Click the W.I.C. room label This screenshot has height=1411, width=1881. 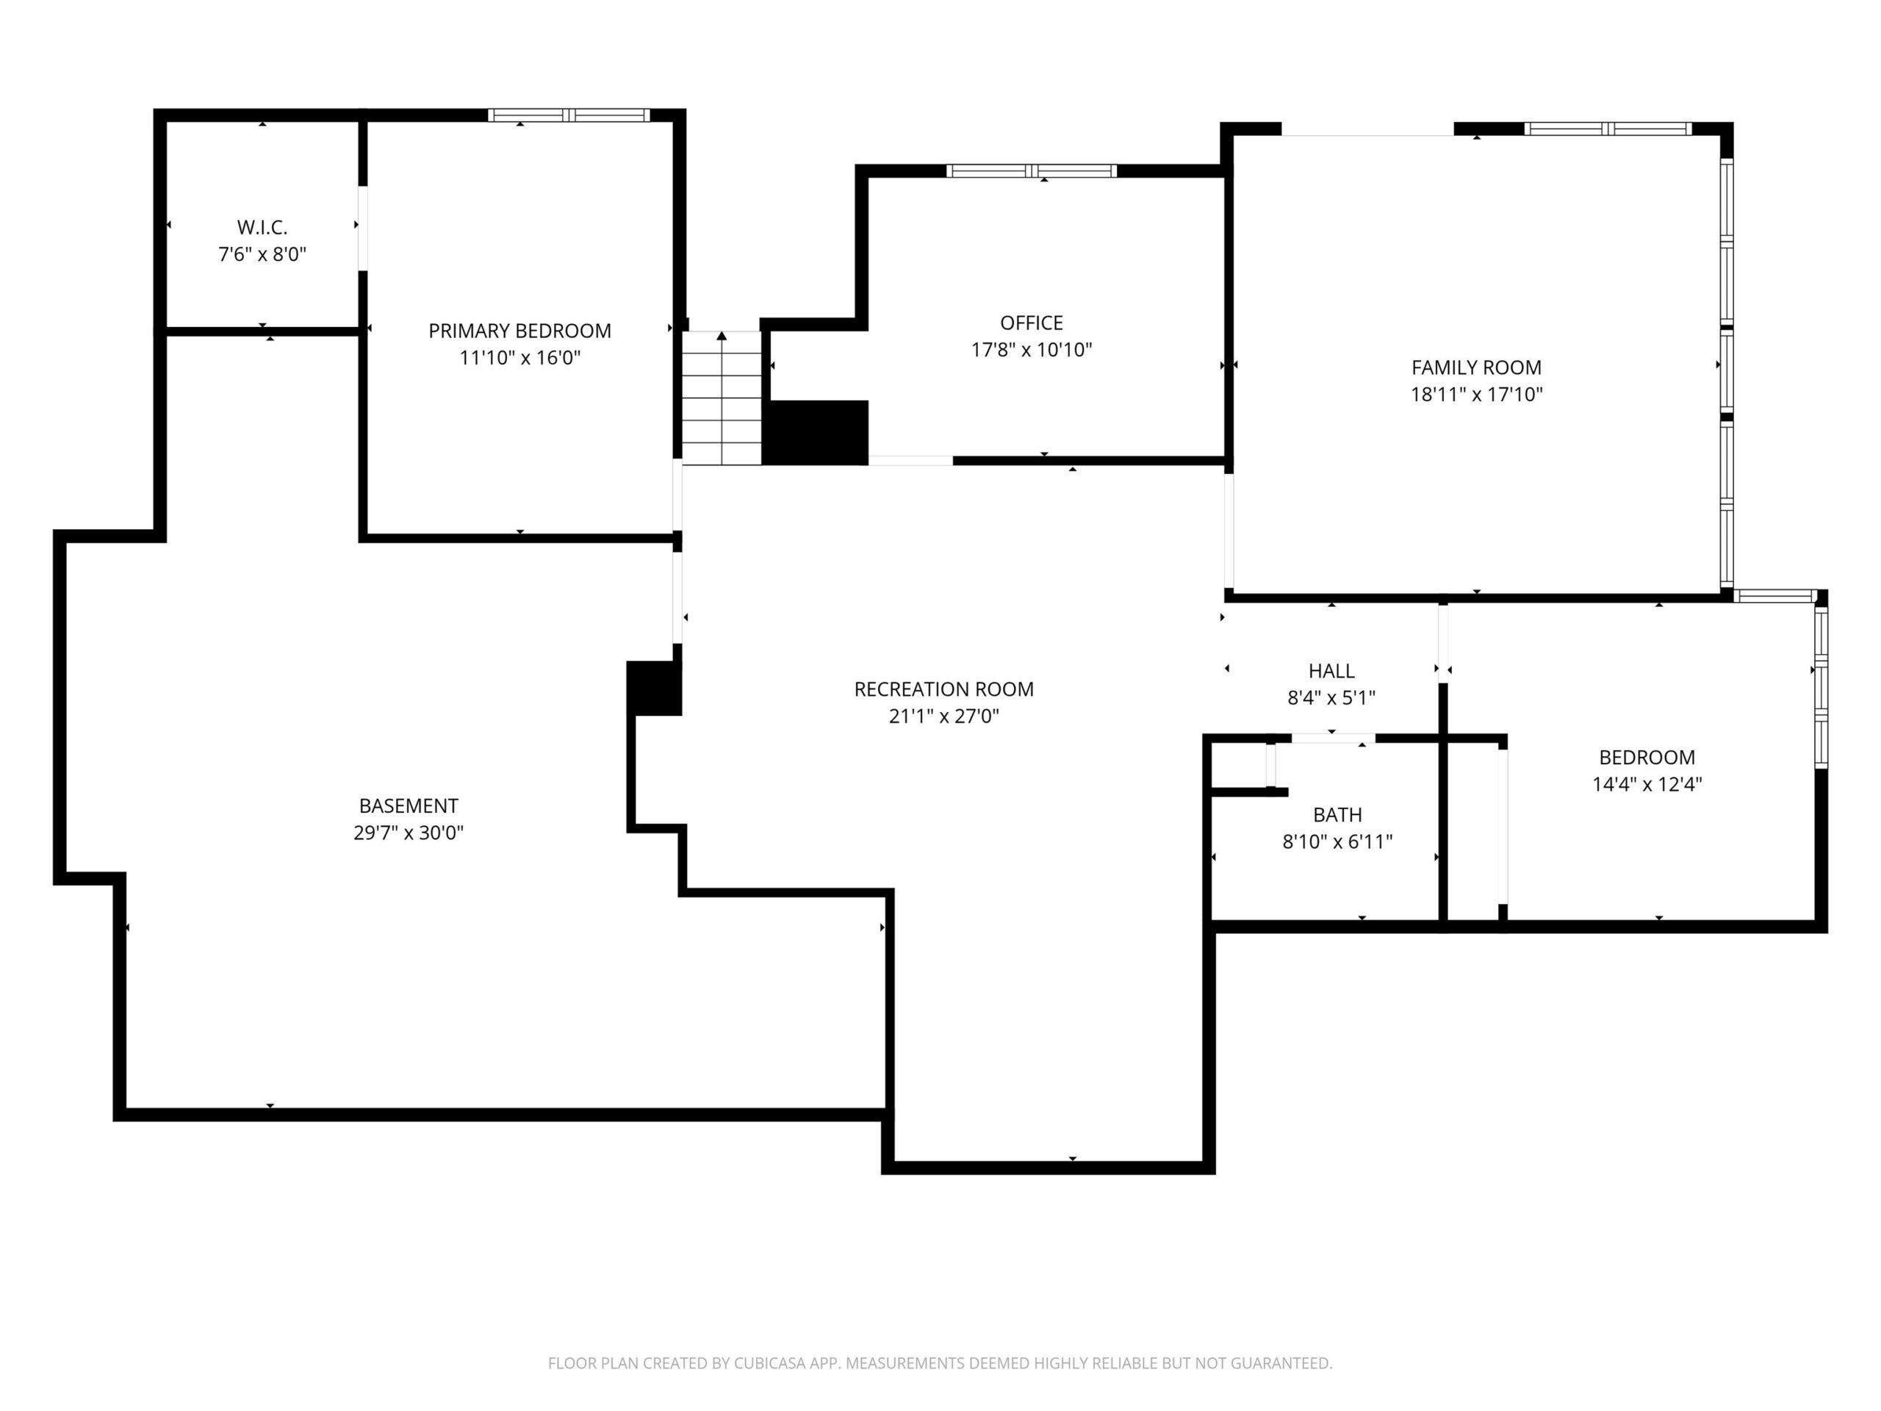coord(262,227)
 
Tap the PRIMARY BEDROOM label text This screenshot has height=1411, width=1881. coord(519,331)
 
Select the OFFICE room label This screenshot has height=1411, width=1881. coord(1032,323)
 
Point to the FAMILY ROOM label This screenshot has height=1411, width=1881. coord(1476,367)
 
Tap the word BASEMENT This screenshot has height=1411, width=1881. coord(409,805)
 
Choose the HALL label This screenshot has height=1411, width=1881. coord(1331,671)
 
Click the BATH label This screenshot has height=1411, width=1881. coord(1337,815)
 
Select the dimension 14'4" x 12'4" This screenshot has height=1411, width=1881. coord(1647,784)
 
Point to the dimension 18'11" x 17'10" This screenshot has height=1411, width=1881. coord(1476,395)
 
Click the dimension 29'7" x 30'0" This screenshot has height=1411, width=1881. coord(409,833)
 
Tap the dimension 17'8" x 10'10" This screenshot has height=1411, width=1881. coord(1032,350)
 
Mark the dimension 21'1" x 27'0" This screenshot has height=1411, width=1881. coord(944,716)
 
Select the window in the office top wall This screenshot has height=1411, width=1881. coord(1032,171)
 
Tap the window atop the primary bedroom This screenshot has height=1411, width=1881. coord(569,115)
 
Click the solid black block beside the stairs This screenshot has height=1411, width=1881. coord(815,433)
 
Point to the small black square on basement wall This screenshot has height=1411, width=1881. coord(654,688)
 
